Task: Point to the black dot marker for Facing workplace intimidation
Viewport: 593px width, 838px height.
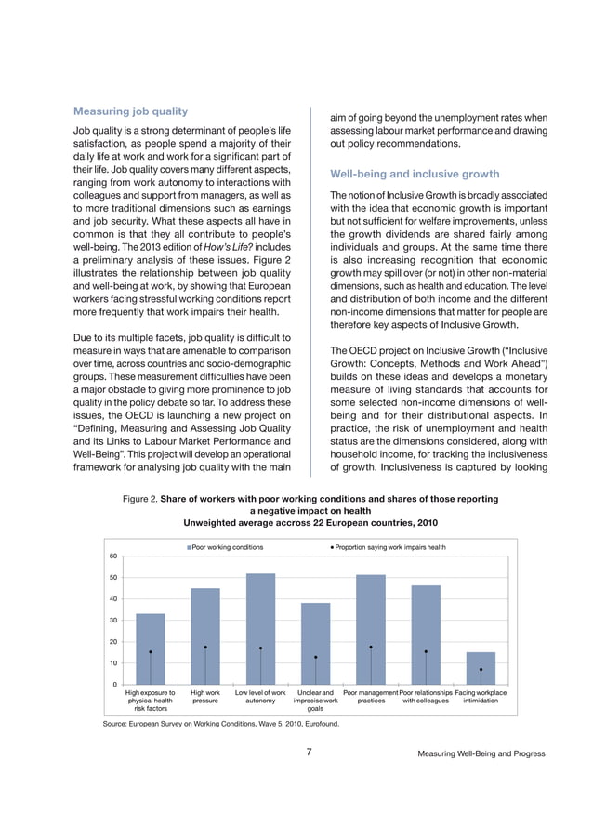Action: point(481,669)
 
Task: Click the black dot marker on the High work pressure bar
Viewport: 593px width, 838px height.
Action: point(205,647)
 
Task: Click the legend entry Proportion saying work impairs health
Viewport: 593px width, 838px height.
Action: point(388,547)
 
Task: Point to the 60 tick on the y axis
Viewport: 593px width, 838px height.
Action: point(112,556)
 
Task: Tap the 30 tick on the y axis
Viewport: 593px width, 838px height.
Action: point(112,621)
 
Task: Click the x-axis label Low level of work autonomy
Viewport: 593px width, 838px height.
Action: point(260,697)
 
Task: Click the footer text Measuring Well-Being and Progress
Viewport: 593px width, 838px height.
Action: point(481,753)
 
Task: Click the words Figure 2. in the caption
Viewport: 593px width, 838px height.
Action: point(139,499)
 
